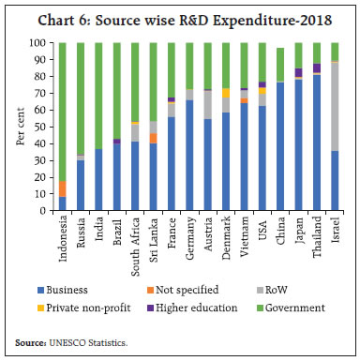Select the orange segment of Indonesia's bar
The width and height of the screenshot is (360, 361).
click(x=63, y=188)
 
